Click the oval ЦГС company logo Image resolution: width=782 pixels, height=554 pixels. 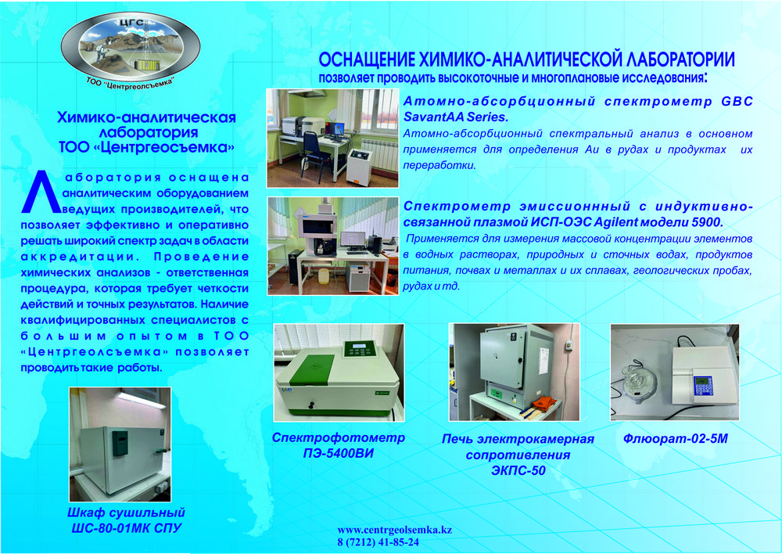tap(131, 49)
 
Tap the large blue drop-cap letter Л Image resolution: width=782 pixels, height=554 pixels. tap(41, 192)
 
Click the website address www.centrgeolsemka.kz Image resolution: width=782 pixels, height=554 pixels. tap(394, 530)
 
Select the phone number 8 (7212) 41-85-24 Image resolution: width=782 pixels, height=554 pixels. tap(378, 542)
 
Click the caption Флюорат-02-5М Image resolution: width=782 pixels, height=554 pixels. tap(676, 439)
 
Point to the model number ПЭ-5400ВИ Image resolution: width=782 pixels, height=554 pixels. tap(338, 453)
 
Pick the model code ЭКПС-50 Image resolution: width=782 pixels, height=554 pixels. tap(518, 470)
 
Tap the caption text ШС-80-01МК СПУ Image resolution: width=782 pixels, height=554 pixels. tap(126, 528)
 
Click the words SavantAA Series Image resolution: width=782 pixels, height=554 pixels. tap(456, 117)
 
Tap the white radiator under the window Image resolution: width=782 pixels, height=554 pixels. tap(379, 153)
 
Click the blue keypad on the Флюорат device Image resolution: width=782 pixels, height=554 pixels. tap(702, 385)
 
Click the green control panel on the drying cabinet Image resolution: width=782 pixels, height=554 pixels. tap(120, 443)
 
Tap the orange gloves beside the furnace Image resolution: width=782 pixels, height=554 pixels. tap(543, 403)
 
